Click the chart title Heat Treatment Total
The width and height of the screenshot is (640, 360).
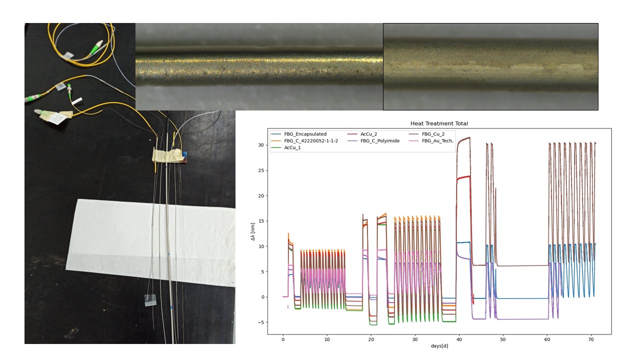tap(439, 123)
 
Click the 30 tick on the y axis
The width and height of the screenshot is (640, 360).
tap(261, 145)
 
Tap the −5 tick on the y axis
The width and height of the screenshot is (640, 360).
tap(260, 322)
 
